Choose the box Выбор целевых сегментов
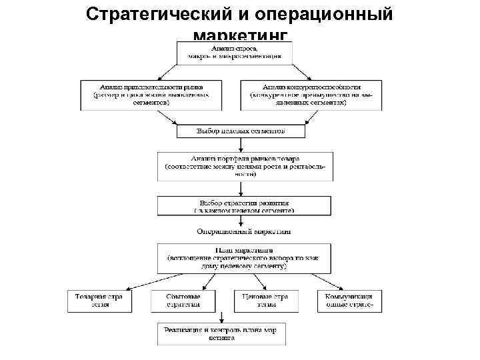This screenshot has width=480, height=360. point(241,131)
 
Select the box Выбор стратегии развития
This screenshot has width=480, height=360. point(244,205)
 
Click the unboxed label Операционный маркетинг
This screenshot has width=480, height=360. point(243,232)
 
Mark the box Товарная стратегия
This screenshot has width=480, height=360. point(99,300)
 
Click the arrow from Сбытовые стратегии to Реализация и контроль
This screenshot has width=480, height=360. point(217,317)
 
